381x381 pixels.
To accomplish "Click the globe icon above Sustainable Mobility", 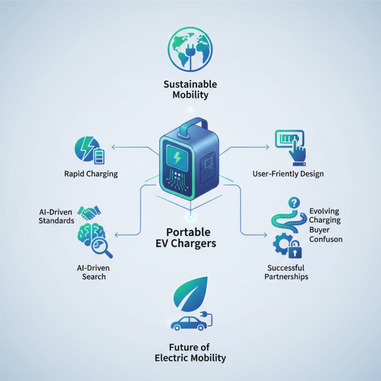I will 190,50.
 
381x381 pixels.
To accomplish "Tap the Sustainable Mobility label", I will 190,89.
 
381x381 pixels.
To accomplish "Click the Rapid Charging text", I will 91,174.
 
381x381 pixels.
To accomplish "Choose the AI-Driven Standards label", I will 57,216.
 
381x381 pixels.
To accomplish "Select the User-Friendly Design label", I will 288,174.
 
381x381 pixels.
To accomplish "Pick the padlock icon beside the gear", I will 294,248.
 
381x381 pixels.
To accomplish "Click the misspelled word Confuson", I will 326,239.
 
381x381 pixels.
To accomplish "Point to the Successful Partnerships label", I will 287,272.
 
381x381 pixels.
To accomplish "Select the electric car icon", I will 190,324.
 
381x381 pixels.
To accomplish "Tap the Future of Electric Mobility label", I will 190,352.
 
